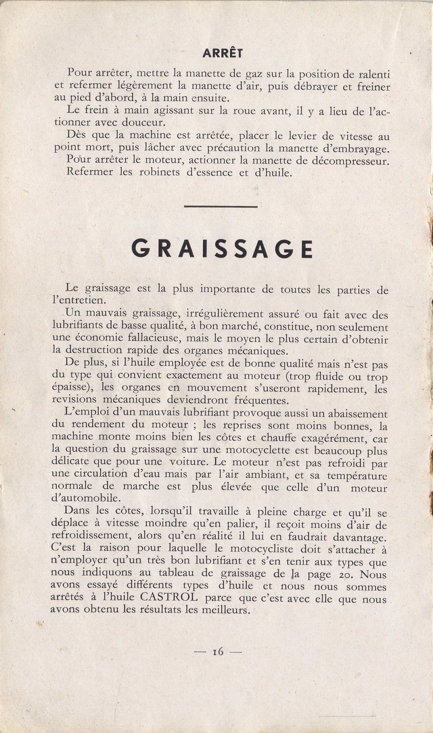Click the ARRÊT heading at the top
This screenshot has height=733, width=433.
[x=223, y=53]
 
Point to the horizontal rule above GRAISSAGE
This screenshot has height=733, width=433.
[x=221, y=206]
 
